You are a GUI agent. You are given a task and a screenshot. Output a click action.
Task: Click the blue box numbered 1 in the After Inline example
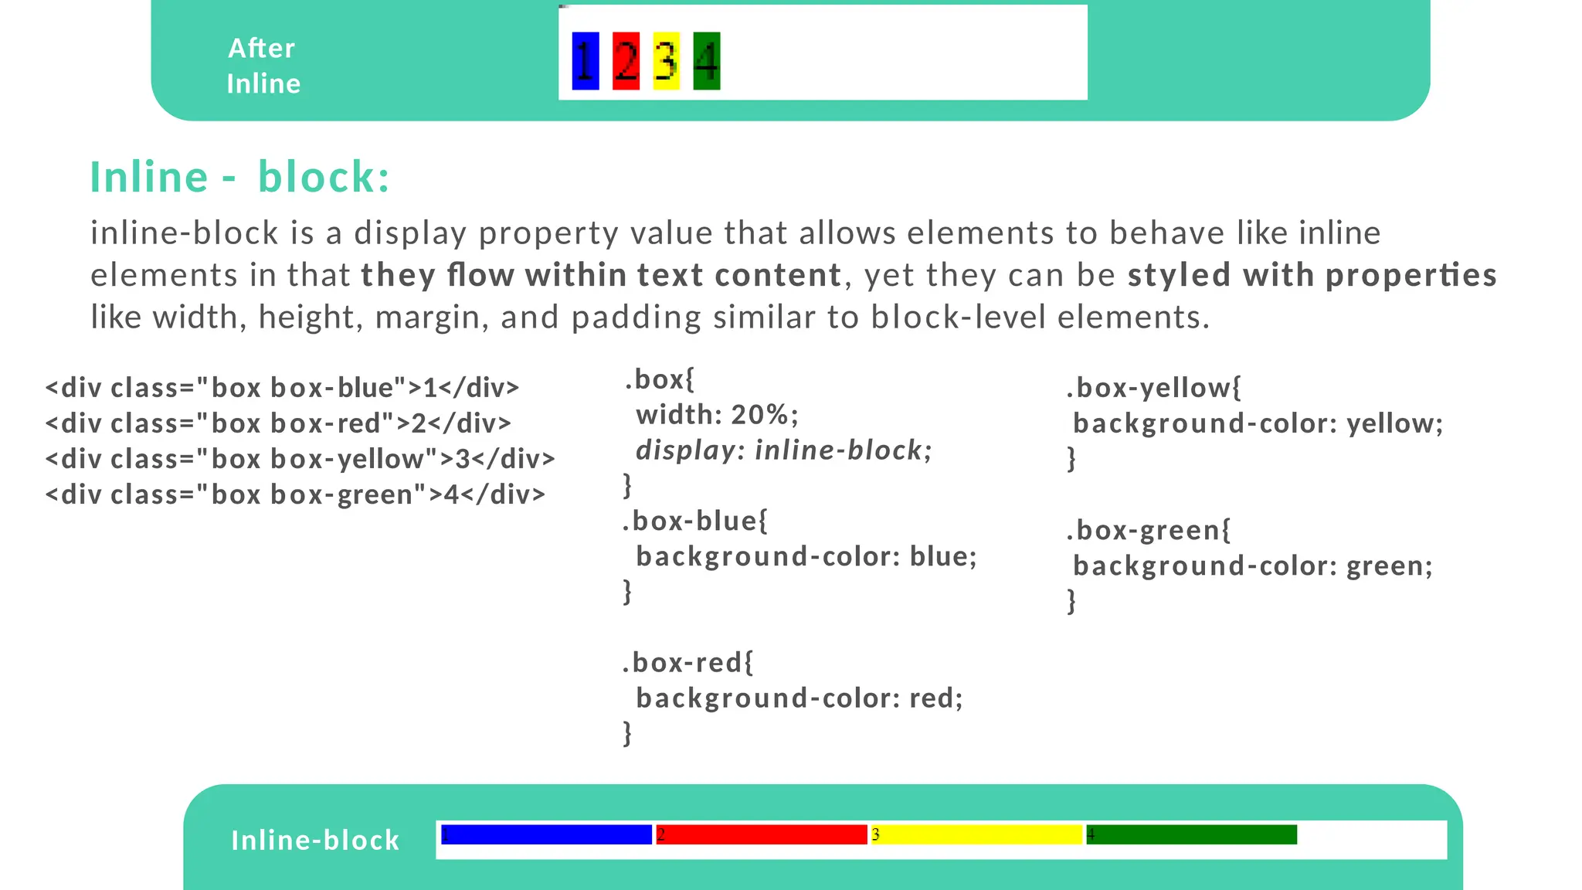point(585,61)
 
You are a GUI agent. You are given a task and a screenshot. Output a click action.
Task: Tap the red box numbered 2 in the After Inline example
point(626,61)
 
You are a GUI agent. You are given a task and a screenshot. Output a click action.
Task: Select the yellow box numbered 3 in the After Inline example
point(666,61)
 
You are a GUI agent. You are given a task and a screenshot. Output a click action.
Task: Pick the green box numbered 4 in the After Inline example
point(706,61)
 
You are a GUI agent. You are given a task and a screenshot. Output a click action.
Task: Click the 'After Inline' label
point(263,66)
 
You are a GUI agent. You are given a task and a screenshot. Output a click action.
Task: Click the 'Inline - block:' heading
point(240,177)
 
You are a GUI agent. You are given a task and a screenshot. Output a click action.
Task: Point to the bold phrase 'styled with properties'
point(1312,275)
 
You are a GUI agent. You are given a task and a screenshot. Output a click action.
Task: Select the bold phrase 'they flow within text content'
point(601,275)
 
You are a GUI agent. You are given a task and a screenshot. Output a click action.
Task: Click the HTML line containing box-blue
point(282,388)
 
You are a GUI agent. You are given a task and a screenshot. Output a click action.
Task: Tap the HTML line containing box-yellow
point(300,459)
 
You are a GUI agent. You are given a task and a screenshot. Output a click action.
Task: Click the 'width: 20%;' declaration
point(717,415)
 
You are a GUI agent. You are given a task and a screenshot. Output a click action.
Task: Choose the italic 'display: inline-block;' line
point(783,450)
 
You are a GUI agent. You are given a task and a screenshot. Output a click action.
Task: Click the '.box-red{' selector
point(687,663)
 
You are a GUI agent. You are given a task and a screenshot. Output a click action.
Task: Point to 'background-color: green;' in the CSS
point(1252,566)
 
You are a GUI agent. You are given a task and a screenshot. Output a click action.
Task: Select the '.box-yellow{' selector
point(1153,388)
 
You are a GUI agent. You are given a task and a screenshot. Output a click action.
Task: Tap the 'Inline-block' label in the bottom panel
point(315,840)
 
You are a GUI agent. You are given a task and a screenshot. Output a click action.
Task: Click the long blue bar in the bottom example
point(547,834)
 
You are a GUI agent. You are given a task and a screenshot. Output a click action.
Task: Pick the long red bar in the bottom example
point(762,834)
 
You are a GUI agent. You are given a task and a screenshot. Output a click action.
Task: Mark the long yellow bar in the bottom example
point(976,834)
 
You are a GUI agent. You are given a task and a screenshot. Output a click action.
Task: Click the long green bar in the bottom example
point(1191,834)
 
